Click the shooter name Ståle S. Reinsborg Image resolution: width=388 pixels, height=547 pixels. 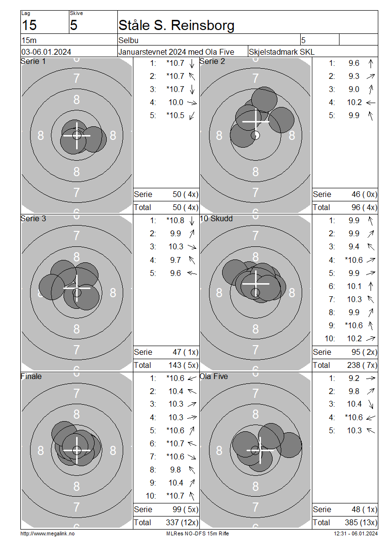click(176, 26)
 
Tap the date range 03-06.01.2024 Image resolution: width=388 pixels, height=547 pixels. click(46, 52)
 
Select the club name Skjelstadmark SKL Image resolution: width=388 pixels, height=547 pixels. click(281, 52)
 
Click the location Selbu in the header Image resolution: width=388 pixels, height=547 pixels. click(129, 40)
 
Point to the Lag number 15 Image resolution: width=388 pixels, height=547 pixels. click(29, 26)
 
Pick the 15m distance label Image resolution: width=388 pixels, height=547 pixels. click(29, 40)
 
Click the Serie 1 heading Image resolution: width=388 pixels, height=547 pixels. click(33, 61)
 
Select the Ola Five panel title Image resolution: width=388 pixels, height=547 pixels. click(213, 377)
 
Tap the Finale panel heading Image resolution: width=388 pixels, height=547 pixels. click(31, 377)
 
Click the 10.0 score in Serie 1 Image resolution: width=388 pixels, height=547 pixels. click(176, 103)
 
